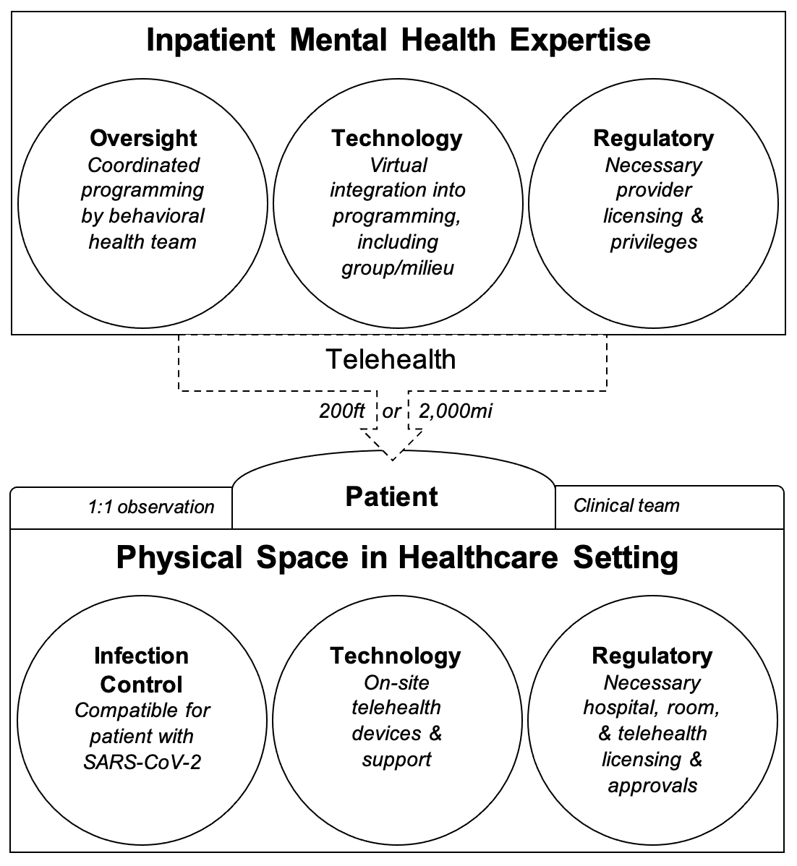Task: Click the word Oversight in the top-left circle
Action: (143, 139)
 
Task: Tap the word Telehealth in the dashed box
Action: (391, 359)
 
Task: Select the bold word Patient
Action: (391, 497)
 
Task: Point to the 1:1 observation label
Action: (151, 507)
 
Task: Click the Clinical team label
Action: (626, 505)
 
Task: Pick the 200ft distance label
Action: (341, 411)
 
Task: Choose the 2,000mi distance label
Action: (455, 411)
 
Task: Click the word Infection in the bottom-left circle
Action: (142, 656)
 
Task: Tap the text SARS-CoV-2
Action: (142, 763)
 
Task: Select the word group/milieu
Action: (397, 268)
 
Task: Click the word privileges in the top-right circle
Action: (653, 242)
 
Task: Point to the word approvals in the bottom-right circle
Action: (652, 786)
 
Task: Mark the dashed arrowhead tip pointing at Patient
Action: (393, 460)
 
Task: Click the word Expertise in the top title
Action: (580, 40)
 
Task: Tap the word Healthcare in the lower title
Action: (478, 557)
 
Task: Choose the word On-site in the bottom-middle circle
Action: (396, 682)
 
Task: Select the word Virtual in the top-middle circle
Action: (399, 165)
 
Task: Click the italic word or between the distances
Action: (391, 412)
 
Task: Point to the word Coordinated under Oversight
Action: (143, 165)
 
